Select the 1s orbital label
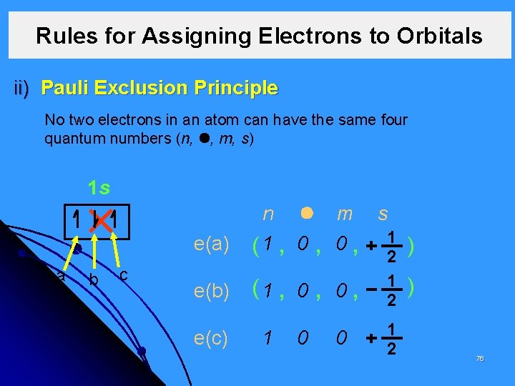98,189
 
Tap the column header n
268,214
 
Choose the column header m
344,214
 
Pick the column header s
383,214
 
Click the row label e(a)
211,245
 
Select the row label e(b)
211,290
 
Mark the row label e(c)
211,336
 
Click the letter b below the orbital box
94,279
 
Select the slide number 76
479,358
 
